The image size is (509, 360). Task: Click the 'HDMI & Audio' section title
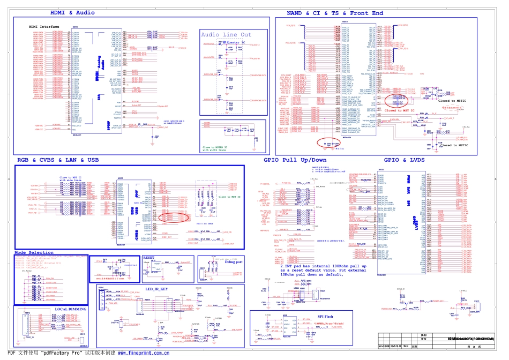pyautogui.click(x=72, y=12)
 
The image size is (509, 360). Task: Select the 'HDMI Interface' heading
pyautogui.click(x=44, y=26)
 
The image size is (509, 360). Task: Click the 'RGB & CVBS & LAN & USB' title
pyautogui.click(x=58, y=160)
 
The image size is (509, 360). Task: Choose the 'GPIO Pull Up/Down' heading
pyautogui.click(x=295, y=160)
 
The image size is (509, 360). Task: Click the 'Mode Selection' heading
pyautogui.click(x=34, y=252)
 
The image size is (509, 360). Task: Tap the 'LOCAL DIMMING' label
pyautogui.click(x=71, y=309)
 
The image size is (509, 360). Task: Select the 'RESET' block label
pyautogui.click(x=148, y=257)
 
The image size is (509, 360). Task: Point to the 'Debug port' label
pyautogui.click(x=234, y=262)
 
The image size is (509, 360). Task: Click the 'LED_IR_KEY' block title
pyautogui.click(x=157, y=289)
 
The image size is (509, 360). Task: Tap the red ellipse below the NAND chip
pyautogui.click(x=329, y=142)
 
